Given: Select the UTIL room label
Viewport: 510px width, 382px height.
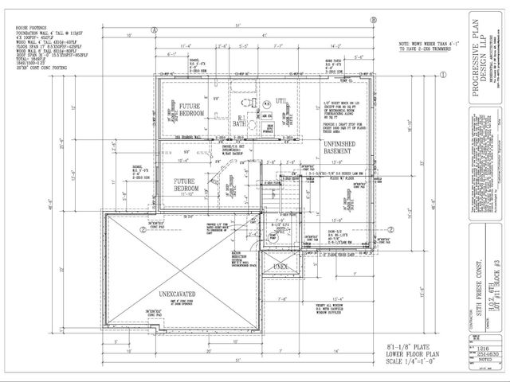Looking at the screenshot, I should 280,99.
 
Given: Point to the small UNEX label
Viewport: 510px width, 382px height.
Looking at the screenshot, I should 279,266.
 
